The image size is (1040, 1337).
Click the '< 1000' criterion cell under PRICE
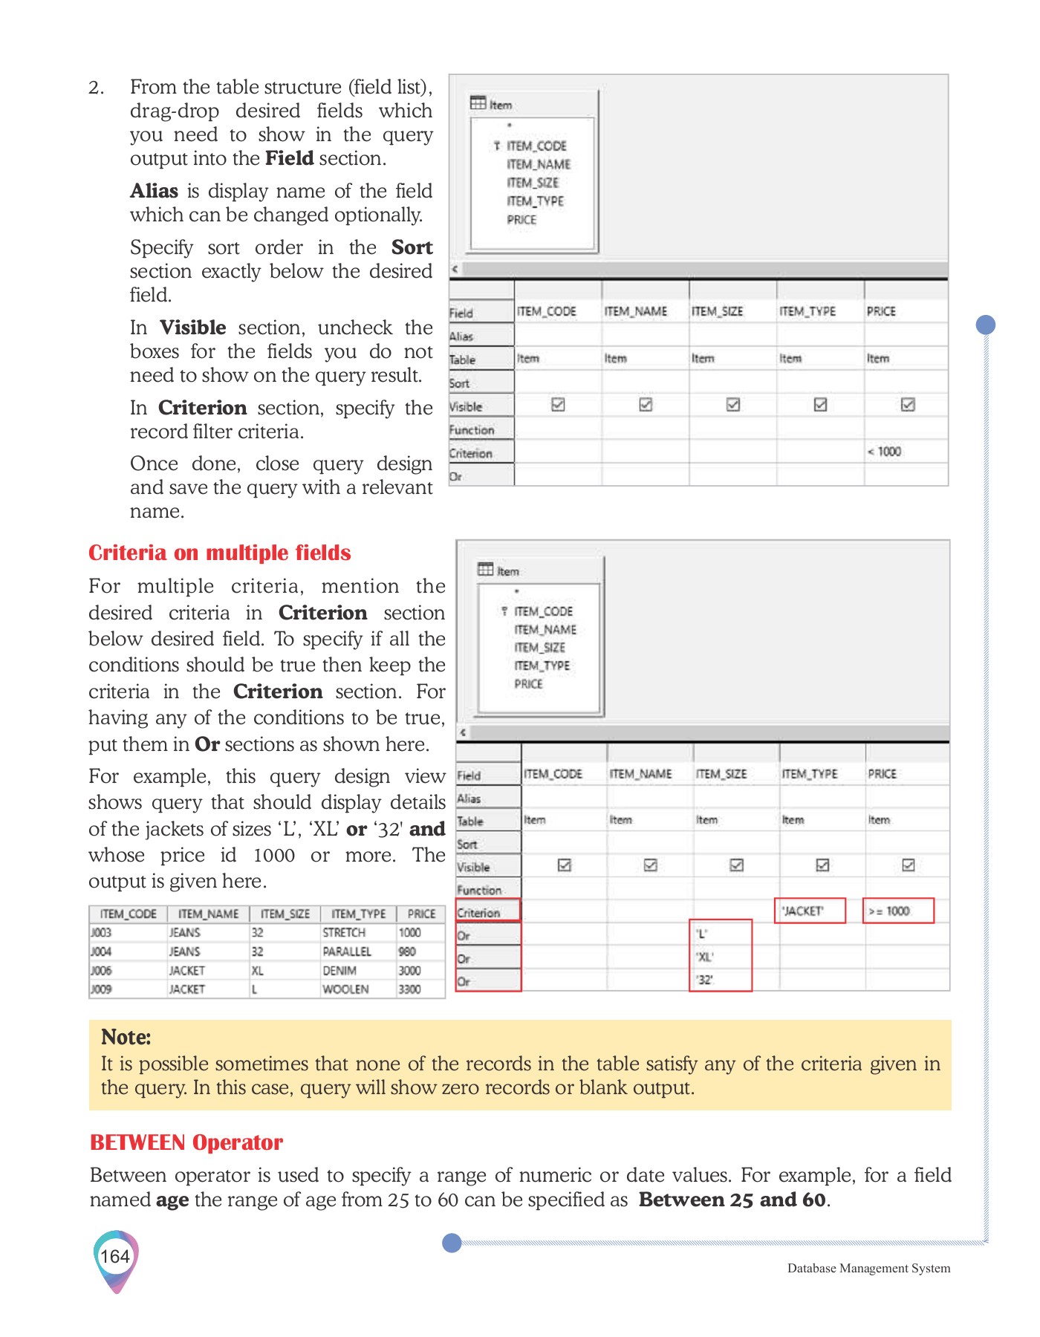tap(884, 452)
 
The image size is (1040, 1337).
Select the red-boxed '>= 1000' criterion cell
tap(897, 911)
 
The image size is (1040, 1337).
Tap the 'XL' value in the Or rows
tap(704, 957)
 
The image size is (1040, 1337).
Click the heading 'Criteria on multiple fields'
tap(219, 553)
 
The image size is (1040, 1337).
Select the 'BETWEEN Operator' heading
tap(186, 1142)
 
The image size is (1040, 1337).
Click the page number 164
tap(115, 1257)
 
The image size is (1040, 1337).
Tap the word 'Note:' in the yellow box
tap(126, 1037)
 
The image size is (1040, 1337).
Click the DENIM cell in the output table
tap(339, 971)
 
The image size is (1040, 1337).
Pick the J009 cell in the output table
tap(101, 989)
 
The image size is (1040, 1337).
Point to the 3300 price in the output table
tap(409, 989)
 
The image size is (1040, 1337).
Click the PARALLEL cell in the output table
tap(347, 951)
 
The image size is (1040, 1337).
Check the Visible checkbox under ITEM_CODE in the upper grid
tap(558, 405)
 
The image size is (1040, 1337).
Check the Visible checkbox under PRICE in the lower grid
tap(908, 865)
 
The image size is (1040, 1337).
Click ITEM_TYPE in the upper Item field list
tap(535, 201)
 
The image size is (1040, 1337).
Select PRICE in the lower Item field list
tap(528, 683)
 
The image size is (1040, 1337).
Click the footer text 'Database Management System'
tap(868, 1268)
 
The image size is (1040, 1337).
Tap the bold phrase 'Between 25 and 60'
tap(732, 1200)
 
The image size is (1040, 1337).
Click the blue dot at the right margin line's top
tap(985, 325)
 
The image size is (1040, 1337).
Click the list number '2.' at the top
tap(97, 88)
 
